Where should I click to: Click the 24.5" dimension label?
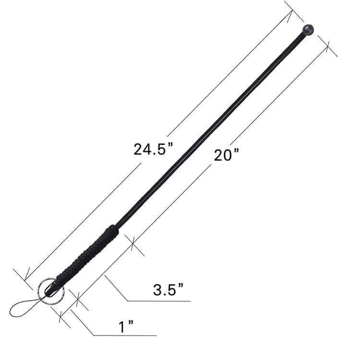tap(153, 149)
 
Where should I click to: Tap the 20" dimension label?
tap(227, 155)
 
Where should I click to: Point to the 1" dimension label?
tap(126, 327)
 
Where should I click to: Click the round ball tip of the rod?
tap(308, 29)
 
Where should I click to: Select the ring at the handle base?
tap(51, 291)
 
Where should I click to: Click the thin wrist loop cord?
tap(25, 307)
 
